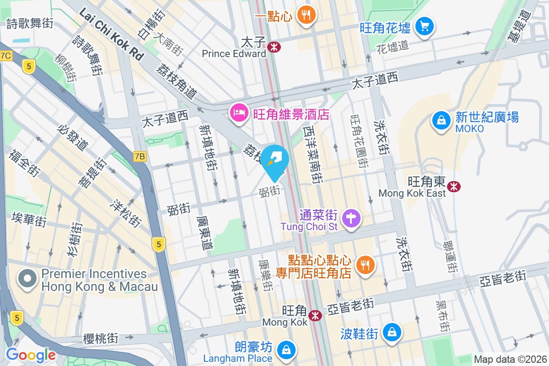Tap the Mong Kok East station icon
(x=454, y=186)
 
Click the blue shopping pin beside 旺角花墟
(x=425, y=26)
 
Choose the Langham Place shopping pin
(x=286, y=351)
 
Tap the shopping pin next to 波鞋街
(x=392, y=332)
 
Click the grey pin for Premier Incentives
(x=27, y=278)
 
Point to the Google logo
(x=31, y=355)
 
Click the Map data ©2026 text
(x=510, y=359)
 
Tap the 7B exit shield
(x=140, y=156)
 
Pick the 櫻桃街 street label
(x=101, y=338)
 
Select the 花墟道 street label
(x=392, y=46)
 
